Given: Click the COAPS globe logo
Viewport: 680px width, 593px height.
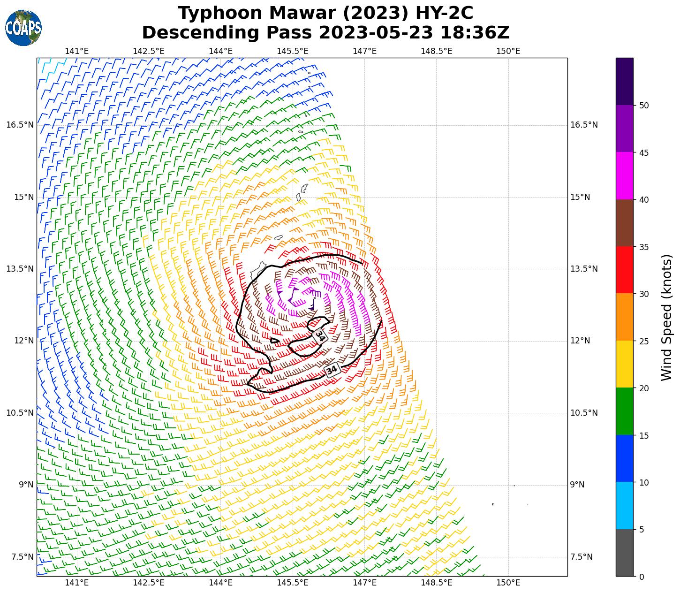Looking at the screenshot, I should click(x=23, y=28).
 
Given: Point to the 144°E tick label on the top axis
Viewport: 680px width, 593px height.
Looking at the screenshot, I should click(x=221, y=51).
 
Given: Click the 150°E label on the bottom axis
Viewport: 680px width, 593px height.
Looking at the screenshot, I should click(x=508, y=583).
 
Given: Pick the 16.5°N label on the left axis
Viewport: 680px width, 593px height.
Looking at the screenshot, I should click(x=20, y=125).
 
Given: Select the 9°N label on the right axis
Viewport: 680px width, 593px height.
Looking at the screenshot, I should click(x=577, y=485).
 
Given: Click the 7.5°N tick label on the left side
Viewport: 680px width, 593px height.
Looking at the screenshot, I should click(x=22, y=557).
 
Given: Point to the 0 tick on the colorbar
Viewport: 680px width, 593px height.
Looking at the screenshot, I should click(x=641, y=577).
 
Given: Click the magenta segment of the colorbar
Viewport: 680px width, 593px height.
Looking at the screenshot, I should click(x=624, y=176).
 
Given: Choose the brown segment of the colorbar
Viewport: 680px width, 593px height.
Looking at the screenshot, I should click(x=624, y=223).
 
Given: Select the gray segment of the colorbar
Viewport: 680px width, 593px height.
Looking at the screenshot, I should click(x=624, y=553).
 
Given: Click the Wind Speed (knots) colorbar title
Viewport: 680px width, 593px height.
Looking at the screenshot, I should click(x=666, y=318).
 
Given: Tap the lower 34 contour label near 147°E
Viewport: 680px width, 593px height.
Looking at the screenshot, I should click(x=332, y=370).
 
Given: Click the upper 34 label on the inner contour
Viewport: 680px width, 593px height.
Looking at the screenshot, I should click(x=320, y=335).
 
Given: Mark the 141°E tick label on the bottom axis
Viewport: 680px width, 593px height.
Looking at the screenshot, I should click(x=77, y=583).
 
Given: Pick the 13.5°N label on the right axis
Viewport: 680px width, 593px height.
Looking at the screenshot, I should click(x=584, y=269).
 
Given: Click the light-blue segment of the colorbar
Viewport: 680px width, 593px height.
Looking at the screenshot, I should click(x=624, y=505).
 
